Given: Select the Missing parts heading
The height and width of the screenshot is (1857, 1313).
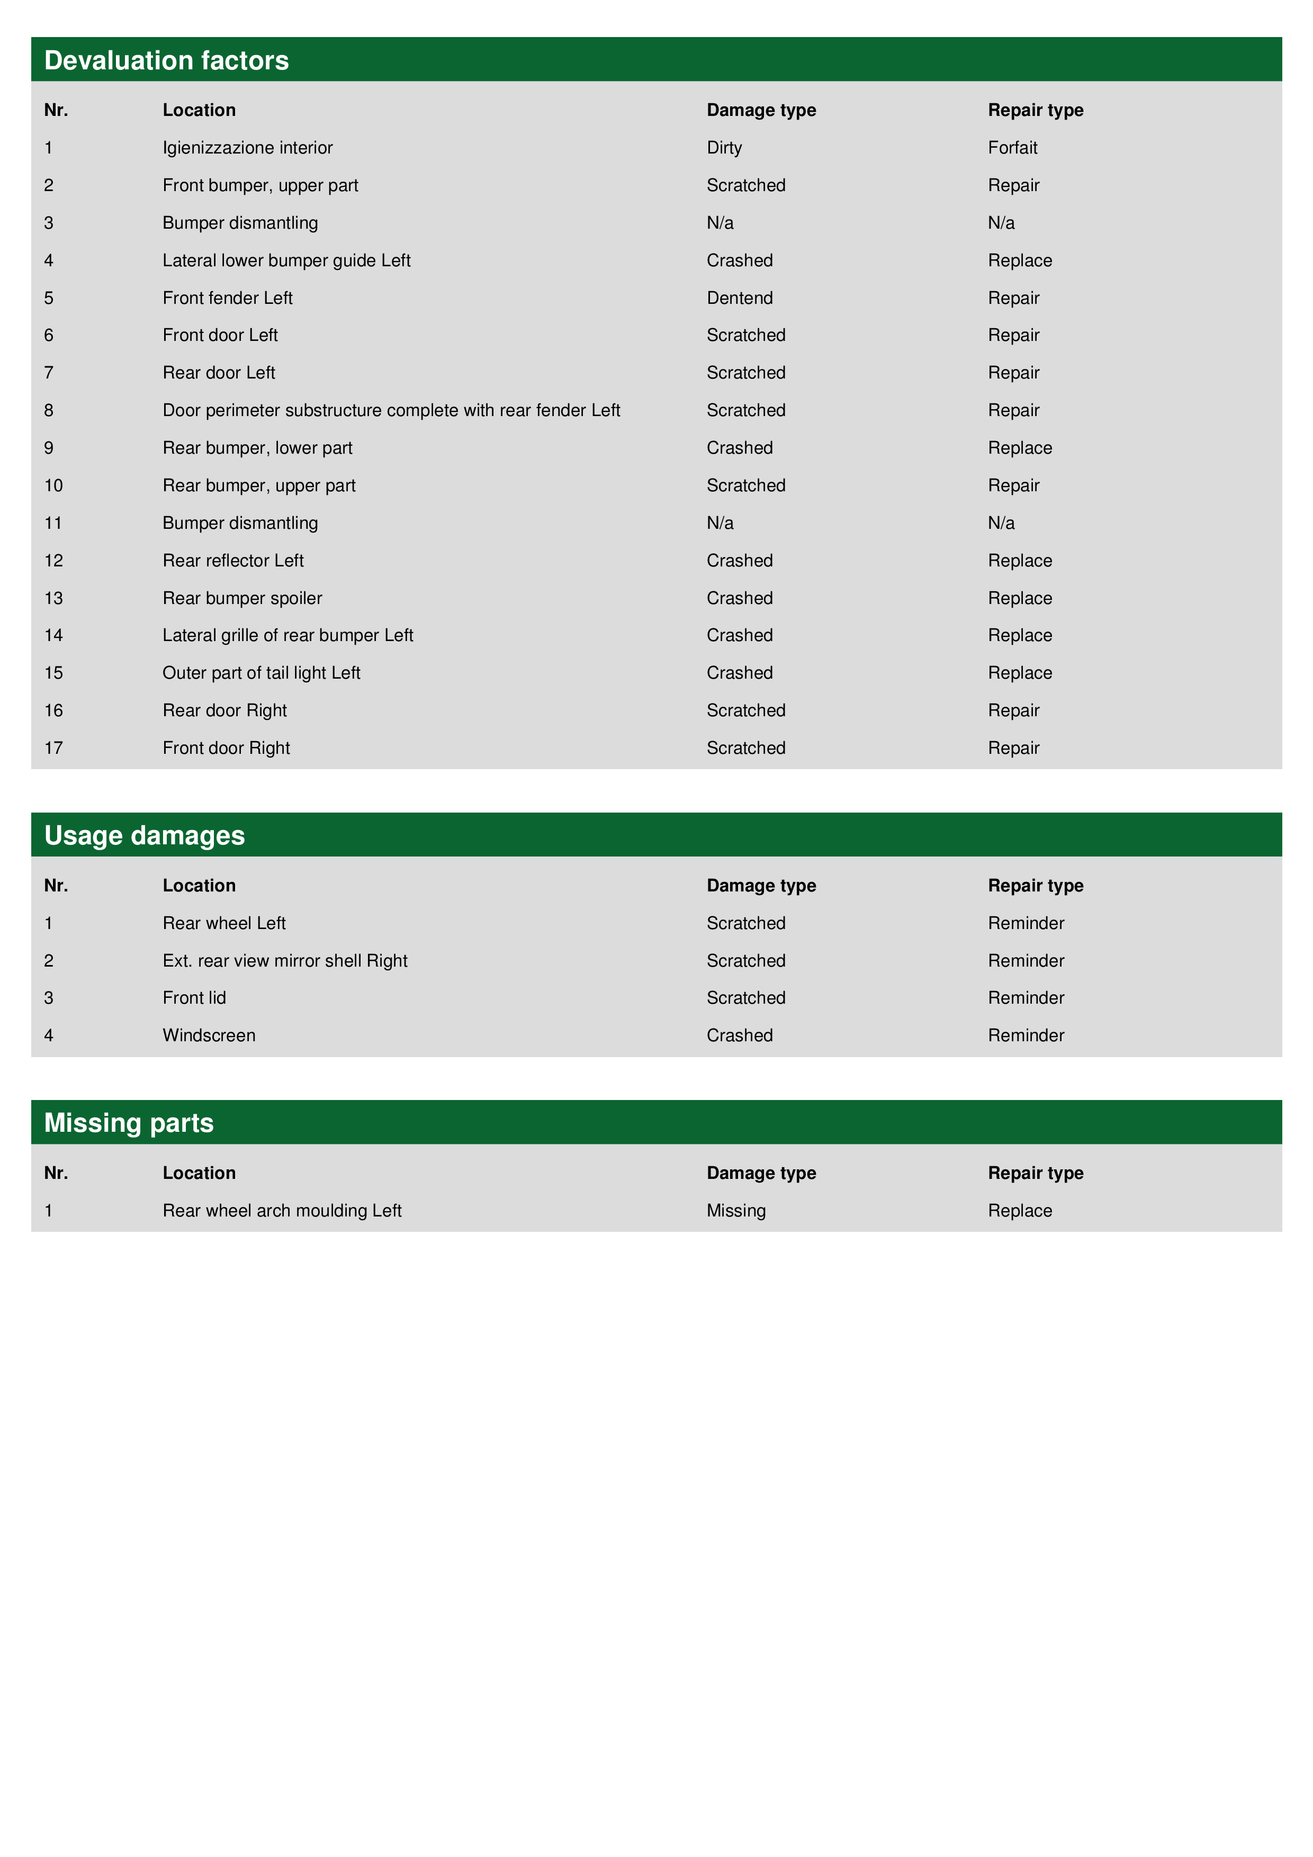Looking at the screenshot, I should (129, 1123).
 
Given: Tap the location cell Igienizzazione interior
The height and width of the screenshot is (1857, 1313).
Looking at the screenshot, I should (248, 148).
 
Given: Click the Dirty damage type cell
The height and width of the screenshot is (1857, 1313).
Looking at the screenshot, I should (724, 148).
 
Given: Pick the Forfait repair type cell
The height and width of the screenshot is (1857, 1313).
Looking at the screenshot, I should (1012, 148).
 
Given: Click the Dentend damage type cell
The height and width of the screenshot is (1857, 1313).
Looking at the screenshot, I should (740, 299).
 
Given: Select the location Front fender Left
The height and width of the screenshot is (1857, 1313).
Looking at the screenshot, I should (227, 299).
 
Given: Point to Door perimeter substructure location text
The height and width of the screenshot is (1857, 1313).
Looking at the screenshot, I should (391, 411).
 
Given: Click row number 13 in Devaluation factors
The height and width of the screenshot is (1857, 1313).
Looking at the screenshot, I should (53, 599).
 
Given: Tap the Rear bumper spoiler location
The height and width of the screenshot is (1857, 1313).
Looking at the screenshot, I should (242, 599).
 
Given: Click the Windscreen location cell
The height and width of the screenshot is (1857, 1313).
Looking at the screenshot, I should (209, 1035).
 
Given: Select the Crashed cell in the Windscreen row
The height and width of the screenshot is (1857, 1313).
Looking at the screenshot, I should (740, 1035).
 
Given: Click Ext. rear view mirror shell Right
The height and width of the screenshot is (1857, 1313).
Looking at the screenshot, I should (285, 961).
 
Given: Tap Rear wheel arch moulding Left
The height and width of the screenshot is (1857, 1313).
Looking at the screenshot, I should (282, 1211).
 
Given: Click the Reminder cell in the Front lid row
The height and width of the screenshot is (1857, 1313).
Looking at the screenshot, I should (1026, 998).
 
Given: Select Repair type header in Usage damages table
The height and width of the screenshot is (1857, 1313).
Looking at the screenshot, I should (1036, 886).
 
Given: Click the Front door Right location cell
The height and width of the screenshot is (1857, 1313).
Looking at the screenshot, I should (226, 748).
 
